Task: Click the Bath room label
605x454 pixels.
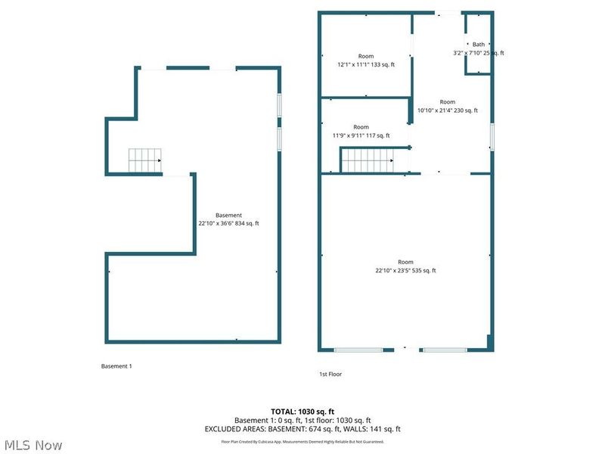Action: pyautogui.click(x=479, y=44)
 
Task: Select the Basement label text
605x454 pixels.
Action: pyautogui.click(x=228, y=215)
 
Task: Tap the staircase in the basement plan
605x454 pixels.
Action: pyautogui.click(x=144, y=160)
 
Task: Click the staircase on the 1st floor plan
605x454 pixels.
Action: pyautogui.click(x=368, y=160)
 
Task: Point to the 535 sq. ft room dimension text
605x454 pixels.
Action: pyautogui.click(x=405, y=271)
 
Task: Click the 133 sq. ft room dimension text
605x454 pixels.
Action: pyautogui.click(x=366, y=65)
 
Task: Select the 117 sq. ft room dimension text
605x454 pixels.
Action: pyautogui.click(x=361, y=135)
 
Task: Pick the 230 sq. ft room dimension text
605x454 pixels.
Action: pyautogui.click(x=448, y=110)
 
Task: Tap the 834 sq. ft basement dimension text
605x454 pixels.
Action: pyautogui.click(x=228, y=223)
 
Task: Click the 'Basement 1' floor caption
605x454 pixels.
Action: pyautogui.click(x=116, y=366)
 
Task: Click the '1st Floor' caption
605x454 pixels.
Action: pyautogui.click(x=330, y=374)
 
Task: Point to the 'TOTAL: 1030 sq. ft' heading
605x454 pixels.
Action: pyautogui.click(x=302, y=411)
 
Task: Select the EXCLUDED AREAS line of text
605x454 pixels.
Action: pyautogui.click(x=302, y=429)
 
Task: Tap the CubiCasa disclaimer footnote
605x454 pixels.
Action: pyautogui.click(x=302, y=441)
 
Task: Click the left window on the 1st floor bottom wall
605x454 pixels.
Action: pyautogui.click(x=358, y=350)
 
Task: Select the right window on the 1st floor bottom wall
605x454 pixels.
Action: pyautogui.click(x=445, y=350)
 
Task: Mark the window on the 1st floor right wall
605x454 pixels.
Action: pyautogui.click(x=492, y=137)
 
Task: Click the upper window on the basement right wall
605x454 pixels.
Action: pyautogui.click(x=278, y=104)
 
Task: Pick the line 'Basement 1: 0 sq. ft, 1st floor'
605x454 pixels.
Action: pyautogui.click(x=302, y=420)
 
